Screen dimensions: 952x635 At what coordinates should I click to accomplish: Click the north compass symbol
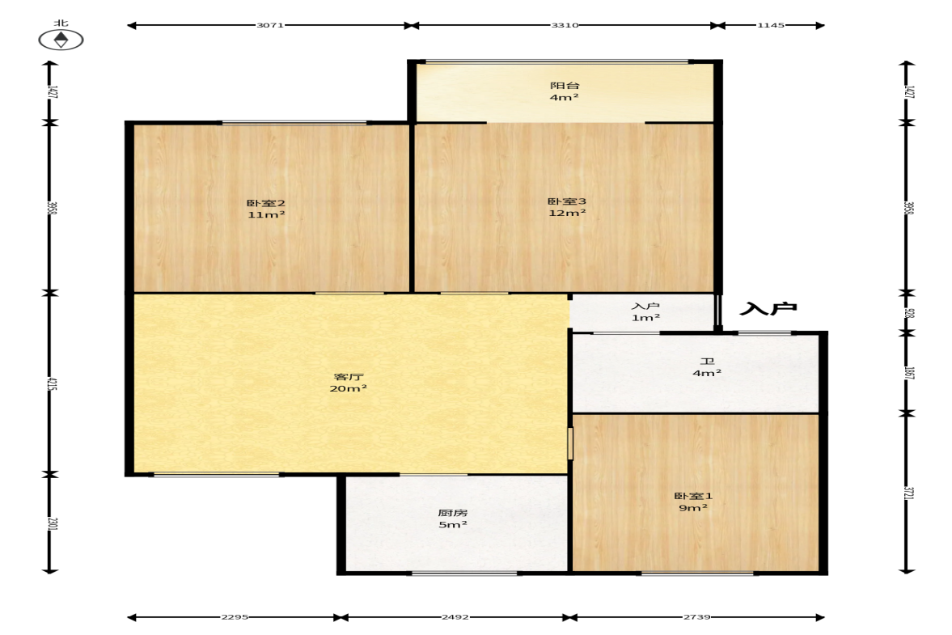click(x=61, y=40)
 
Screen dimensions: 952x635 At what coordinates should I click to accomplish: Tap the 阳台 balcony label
click(x=565, y=86)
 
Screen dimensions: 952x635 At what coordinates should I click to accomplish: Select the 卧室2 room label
click(x=266, y=203)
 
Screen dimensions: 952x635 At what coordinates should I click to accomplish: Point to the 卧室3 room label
click(x=567, y=201)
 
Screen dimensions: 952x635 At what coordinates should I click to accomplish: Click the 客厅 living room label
click(x=349, y=377)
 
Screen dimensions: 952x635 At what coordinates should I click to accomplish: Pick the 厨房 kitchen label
click(x=453, y=513)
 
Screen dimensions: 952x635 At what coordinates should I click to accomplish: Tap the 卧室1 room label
click(x=693, y=496)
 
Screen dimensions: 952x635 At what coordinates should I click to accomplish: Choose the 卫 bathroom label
click(x=707, y=362)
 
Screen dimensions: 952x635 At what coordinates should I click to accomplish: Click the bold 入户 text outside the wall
click(x=768, y=309)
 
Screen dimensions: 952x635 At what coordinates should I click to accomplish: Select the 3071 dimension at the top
click(x=270, y=26)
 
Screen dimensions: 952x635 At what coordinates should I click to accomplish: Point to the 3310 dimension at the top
click(x=565, y=26)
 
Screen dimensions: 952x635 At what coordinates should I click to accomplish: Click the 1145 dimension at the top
click(x=771, y=26)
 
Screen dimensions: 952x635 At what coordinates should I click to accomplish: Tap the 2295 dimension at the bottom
click(x=235, y=616)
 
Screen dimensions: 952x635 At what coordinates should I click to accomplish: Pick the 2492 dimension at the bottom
click(x=455, y=616)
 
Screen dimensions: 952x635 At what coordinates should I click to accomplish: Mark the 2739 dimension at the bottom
click(x=696, y=616)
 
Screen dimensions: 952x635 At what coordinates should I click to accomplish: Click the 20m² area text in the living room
click(x=349, y=388)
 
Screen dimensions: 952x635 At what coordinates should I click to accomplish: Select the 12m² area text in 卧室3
click(x=567, y=213)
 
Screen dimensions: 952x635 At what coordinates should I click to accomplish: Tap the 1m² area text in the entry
click(x=646, y=318)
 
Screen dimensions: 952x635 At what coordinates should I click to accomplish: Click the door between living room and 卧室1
click(x=570, y=443)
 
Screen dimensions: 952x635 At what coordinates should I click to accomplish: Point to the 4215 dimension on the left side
click(x=53, y=383)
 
